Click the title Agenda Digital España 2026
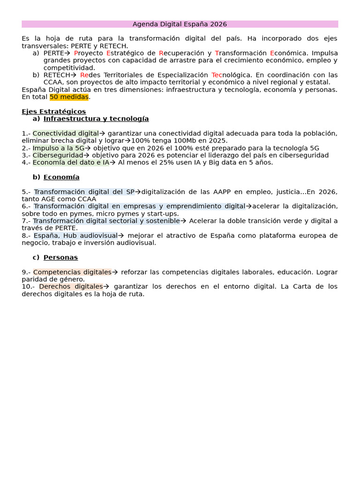[x=180, y=24]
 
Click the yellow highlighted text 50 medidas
[x=69, y=97]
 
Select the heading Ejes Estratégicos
[x=53, y=112]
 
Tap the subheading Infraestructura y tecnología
[x=96, y=119]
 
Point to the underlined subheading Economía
[x=61, y=177]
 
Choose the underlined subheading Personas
[x=60, y=257]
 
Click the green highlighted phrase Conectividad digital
[x=66, y=134]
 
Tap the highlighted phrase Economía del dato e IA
[x=71, y=163]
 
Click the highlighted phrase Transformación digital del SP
[x=84, y=192]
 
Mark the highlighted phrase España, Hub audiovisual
[x=75, y=236]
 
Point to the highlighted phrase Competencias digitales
[x=72, y=272]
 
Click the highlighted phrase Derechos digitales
[x=71, y=286]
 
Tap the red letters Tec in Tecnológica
[x=217, y=75]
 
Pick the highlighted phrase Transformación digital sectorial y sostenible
[x=106, y=221]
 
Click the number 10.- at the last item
[x=28, y=286]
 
